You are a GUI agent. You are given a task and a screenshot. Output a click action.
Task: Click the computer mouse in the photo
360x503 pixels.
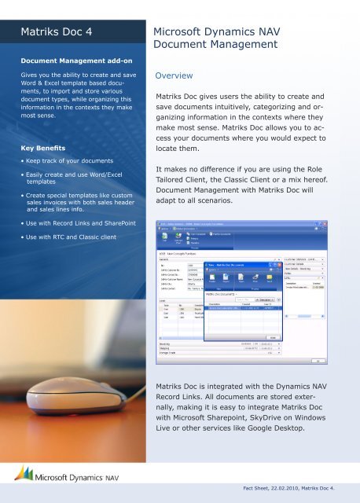pyautogui.click(x=55, y=393)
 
